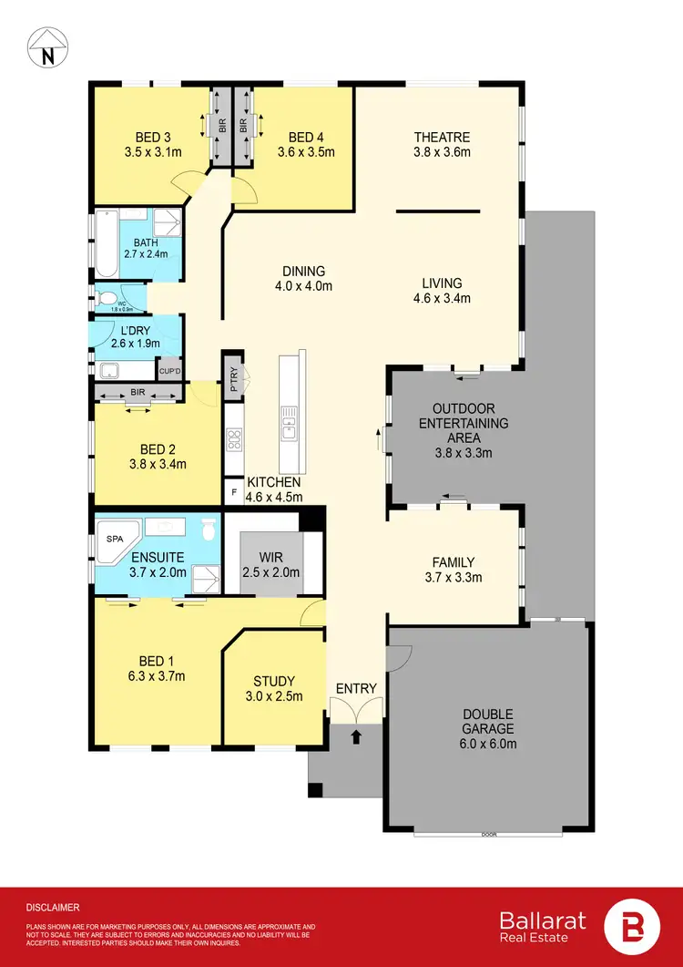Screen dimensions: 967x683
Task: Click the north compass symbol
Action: (x=46, y=46)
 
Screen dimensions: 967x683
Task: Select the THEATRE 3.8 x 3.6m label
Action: (x=441, y=145)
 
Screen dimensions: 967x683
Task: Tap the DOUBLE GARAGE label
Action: (x=488, y=728)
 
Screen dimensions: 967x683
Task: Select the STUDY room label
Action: (x=273, y=688)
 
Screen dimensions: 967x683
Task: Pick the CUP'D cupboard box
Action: (x=169, y=371)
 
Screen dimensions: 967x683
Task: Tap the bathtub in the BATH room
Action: (x=104, y=244)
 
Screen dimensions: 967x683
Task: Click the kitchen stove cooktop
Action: (x=234, y=440)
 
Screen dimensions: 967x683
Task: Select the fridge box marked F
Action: (x=233, y=492)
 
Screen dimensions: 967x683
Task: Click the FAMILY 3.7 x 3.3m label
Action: (x=453, y=570)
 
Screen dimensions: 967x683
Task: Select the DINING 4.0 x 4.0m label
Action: (x=303, y=278)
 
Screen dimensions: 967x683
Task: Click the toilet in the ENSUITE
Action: (x=209, y=528)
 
